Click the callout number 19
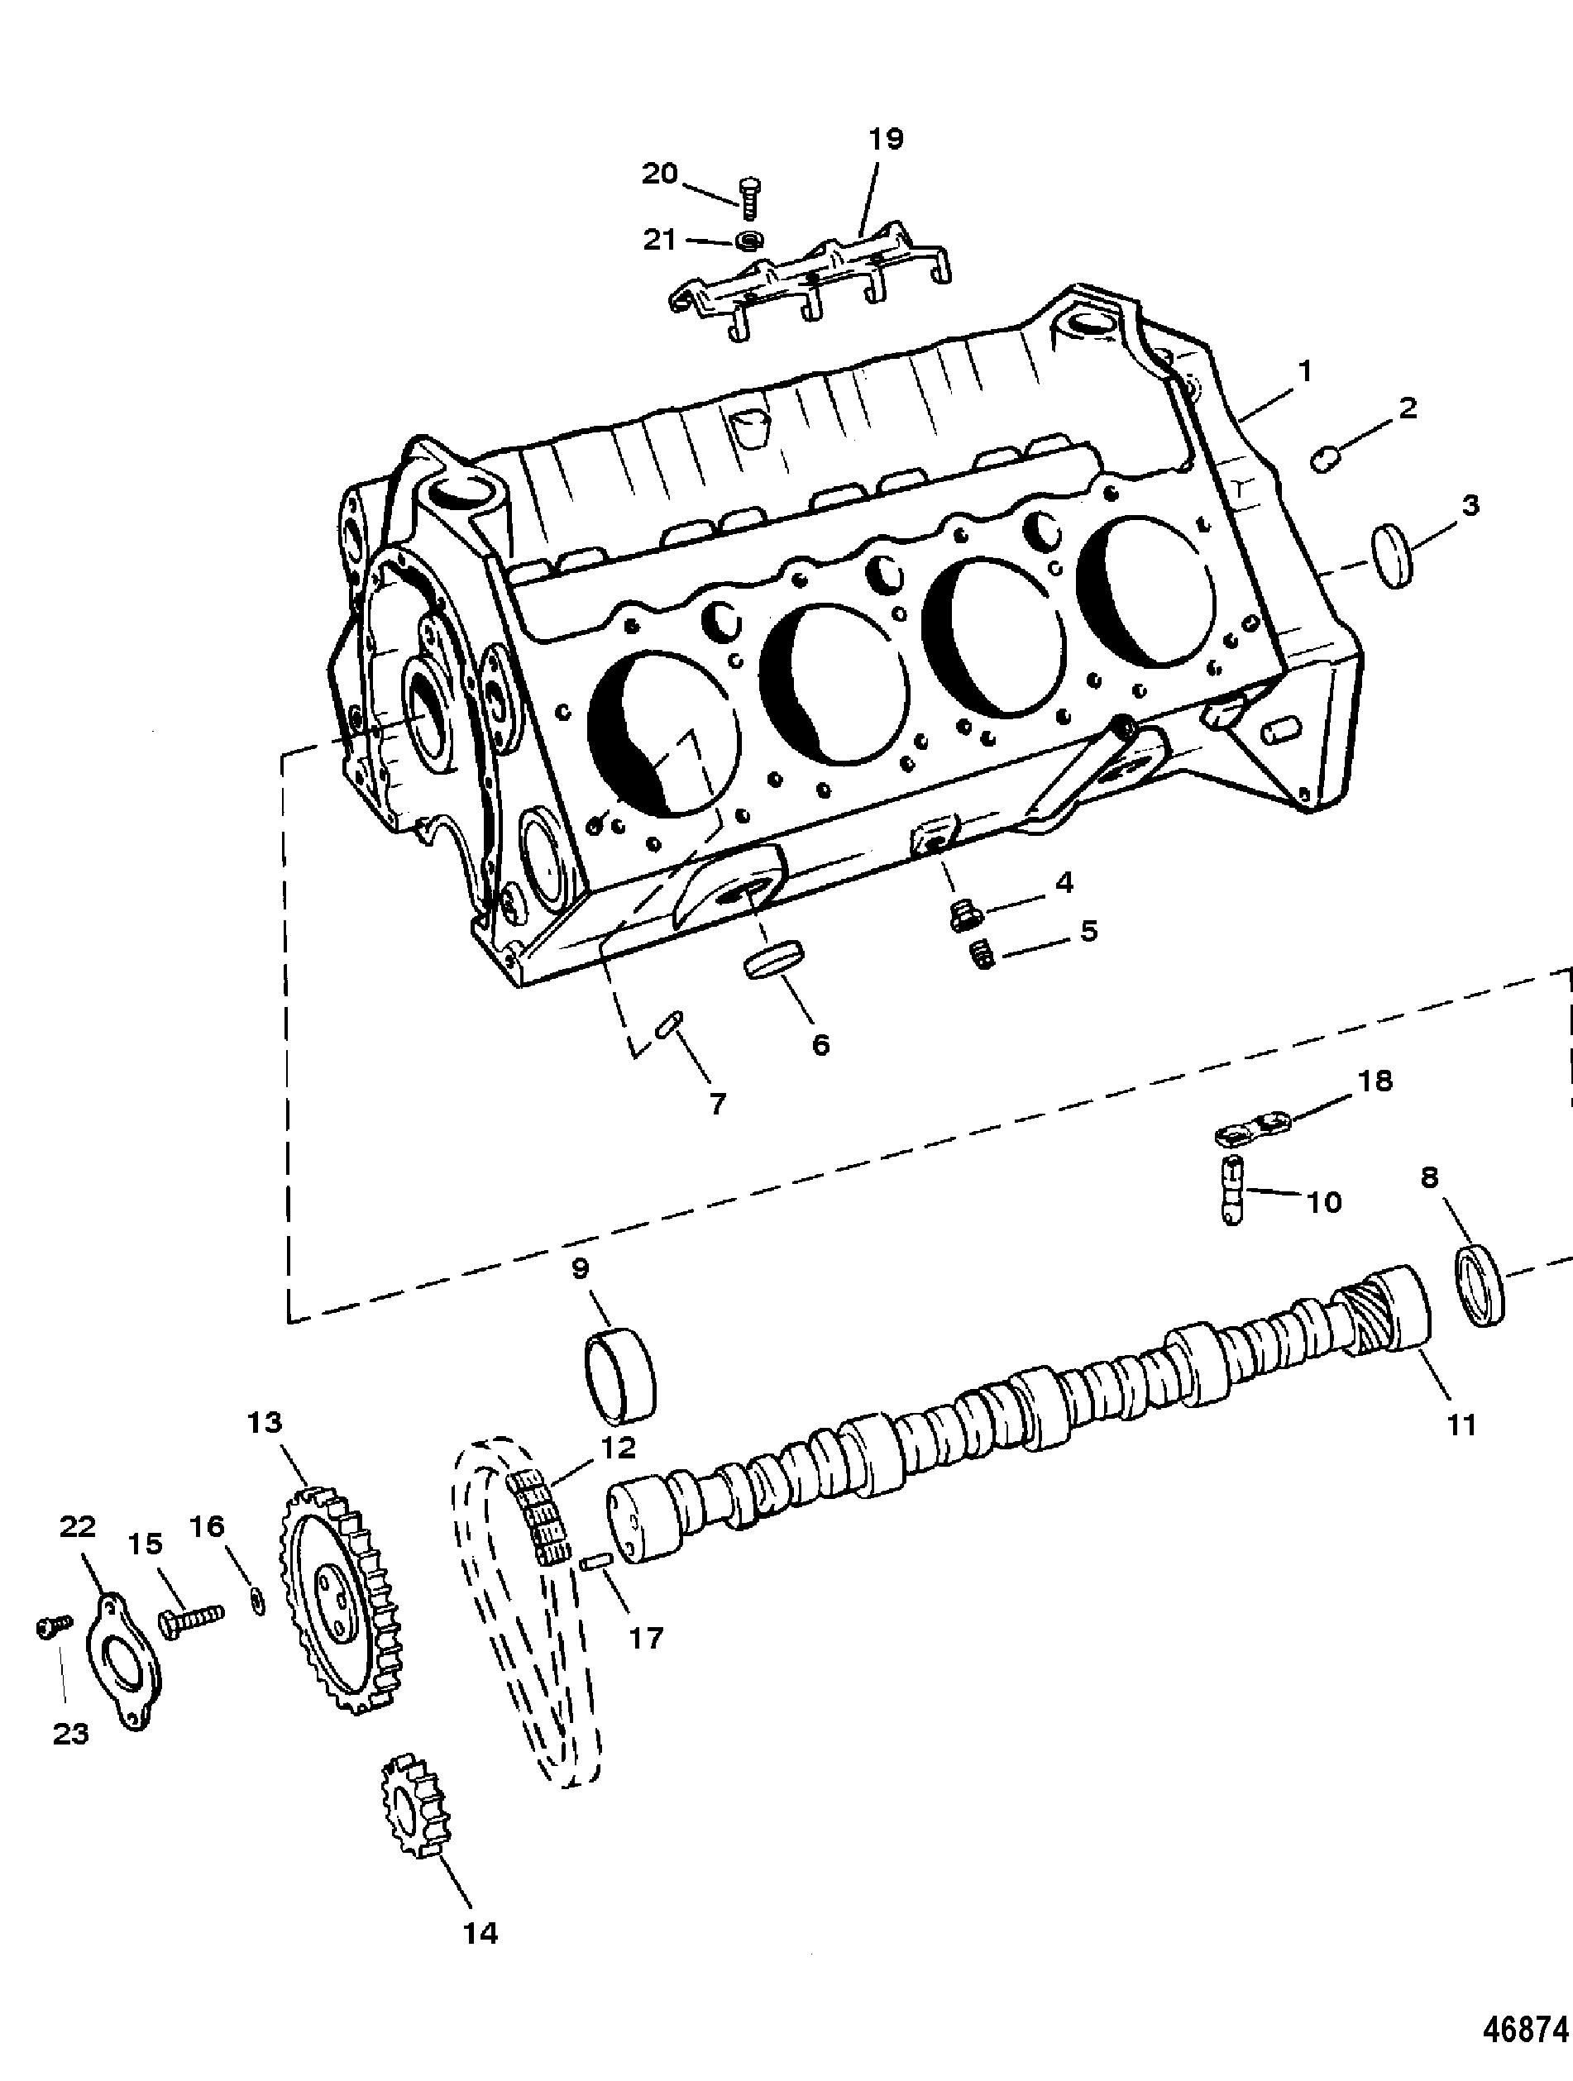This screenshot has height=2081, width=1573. (885, 139)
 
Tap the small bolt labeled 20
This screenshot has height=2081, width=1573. (750, 197)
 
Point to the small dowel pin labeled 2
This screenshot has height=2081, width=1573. (1326, 460)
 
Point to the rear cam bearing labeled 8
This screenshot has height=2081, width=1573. (1481, 1284)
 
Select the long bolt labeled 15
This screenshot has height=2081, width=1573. (191, 1620)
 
